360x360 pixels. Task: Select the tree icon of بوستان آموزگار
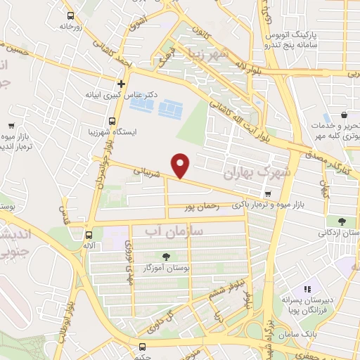pos(166,257)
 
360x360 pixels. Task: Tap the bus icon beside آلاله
pos(89,235)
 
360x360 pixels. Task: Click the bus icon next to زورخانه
pos(70,15)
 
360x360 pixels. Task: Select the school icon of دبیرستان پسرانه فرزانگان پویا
pos(307,288)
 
